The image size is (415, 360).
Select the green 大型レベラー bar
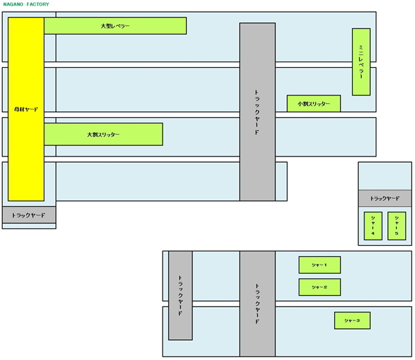click(x=115, y=26)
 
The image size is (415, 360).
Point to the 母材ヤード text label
click(x=26, y=109)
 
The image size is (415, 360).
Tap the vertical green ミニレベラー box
click(x=361, y=62)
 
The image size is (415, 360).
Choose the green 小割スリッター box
click(x=313, y=103)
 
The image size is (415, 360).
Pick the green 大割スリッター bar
click(x=103, y=134)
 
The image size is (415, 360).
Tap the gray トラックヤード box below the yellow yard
click(x=28, y=215)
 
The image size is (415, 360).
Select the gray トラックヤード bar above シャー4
click(x=385, y=198)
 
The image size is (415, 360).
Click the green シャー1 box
click(x=319, y=264)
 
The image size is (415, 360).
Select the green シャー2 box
click(x=319, y=287)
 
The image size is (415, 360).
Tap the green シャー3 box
click(x=351, y=321)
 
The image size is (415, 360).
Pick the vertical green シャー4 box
click(x=373, y=226)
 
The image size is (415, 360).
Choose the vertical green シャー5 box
click(x=396, y=226)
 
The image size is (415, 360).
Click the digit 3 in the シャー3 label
click(x=358, y=321)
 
